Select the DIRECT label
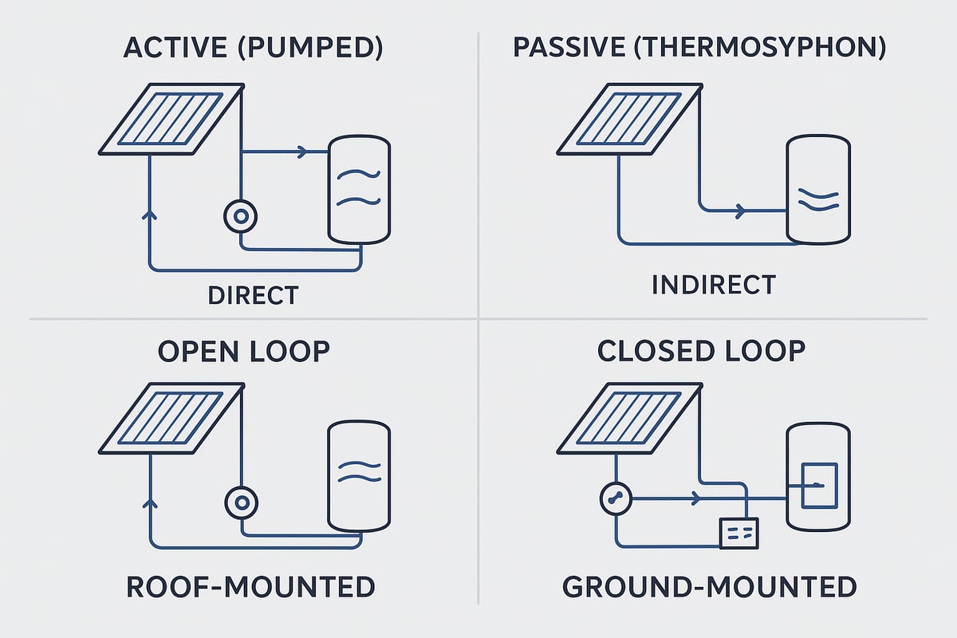click(x=253, y=295)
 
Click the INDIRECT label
click(x=713, y=285)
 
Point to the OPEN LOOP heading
click(x=244, y=351)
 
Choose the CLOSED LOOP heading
click(x=701, y=351)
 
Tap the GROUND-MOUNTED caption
click(x=710, y=588)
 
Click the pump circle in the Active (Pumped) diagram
click(x=240, y=216)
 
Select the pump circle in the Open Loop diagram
click(x=240, y=502)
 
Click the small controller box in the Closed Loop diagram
click(x=738, y=533)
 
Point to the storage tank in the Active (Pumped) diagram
click(x=360, y=189)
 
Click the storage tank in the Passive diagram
click(x=817, y=190)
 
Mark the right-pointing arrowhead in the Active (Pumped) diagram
click(x=301, y=152)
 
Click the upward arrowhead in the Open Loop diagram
click(x=149, y=502)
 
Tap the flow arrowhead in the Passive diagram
click(x=741, y=211)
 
